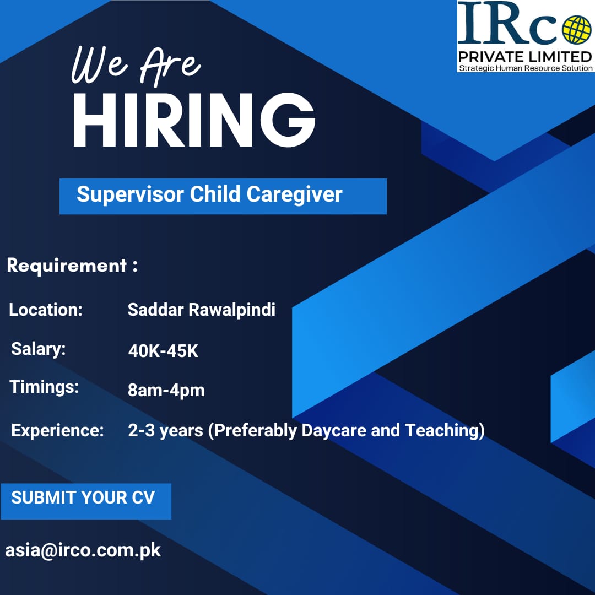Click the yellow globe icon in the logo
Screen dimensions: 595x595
point(576,29)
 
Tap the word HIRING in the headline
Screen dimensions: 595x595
point(194,120)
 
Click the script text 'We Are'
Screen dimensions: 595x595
point(136,66)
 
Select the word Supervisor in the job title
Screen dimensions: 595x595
point(130,194)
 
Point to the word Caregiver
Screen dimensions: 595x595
point(294,195)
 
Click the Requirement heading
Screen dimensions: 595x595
point(72,266)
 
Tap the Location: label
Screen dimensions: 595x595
point(46,310)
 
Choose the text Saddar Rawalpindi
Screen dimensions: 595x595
point(202,310)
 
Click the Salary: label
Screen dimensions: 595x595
point(39,349)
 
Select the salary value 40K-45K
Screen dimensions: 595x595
point(163,350)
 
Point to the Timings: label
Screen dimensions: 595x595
point(44,387)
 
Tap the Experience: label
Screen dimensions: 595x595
point(58,431)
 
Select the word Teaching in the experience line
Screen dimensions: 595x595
point(442,431)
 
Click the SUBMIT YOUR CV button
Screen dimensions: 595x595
point(86,501)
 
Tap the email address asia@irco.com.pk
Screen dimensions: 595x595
point(83,550)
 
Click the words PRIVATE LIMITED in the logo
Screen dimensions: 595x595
point(525,57)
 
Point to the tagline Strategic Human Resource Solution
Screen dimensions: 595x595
point(526,68)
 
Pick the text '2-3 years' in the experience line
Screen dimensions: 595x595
point(165,431)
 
